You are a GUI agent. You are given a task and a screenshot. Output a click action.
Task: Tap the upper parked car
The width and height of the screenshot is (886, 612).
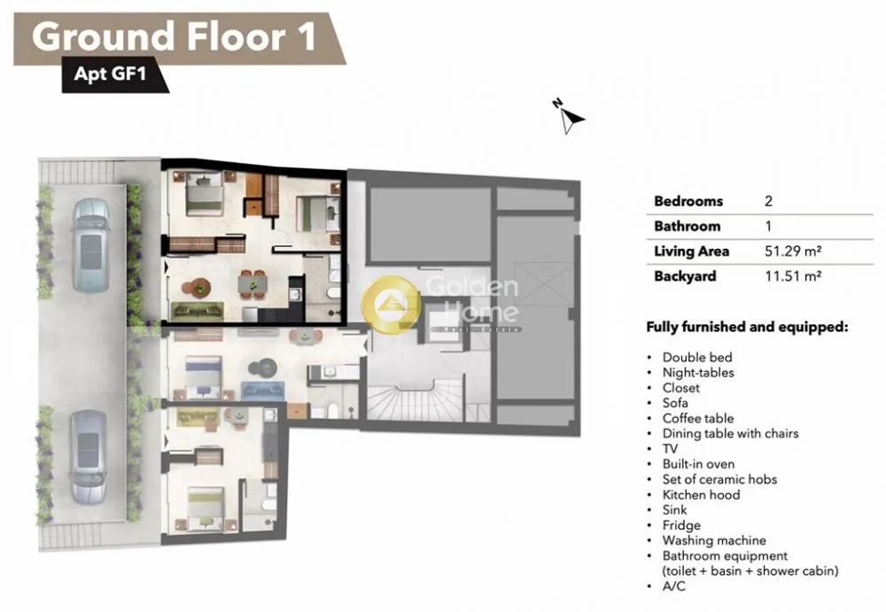pos(90,245)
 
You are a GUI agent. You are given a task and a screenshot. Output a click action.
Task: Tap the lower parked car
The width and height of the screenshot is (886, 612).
pos(89,457)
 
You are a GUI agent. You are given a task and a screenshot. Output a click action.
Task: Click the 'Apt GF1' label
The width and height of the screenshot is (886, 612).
pos(110,74)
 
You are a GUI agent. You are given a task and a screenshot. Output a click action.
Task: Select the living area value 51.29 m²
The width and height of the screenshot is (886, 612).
pos(793,251)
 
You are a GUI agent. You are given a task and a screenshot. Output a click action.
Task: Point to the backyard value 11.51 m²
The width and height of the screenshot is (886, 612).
pos(793,275)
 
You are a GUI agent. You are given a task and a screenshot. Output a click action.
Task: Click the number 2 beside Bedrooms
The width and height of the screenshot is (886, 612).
pos(768,201)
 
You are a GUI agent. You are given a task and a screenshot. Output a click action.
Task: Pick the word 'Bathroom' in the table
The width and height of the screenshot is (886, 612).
pos(688,226)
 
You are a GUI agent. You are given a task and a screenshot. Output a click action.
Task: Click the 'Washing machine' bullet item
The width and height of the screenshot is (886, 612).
pos(714,540)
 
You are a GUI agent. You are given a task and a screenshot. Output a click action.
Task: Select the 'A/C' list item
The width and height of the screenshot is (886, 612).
pos(673,586)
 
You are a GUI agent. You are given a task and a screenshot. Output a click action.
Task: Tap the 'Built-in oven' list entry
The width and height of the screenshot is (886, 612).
pos(698,464)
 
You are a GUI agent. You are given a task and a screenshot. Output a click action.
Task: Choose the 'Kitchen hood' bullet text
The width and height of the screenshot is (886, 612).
pos(701,494)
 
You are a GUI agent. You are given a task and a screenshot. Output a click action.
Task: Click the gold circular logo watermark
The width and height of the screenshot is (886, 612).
pos(391,304)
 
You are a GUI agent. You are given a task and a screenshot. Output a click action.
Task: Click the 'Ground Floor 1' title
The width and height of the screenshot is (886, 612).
pos(174,36)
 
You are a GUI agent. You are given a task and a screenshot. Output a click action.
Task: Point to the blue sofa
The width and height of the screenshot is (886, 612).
pos(263,391)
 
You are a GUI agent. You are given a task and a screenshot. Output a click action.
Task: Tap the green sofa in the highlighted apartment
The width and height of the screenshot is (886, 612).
pos(198,312)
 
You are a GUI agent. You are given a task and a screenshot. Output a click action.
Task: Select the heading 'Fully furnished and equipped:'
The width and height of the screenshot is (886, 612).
pos(747,327)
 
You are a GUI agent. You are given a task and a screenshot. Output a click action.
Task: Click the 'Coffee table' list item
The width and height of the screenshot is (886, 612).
pos(698,418)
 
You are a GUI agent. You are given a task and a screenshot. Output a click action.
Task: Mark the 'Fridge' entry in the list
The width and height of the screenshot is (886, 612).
pos(681,525)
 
